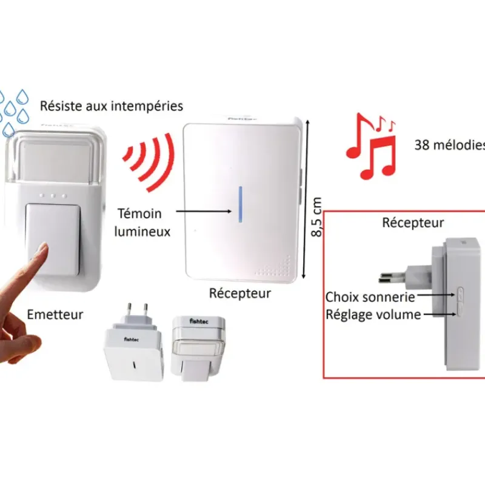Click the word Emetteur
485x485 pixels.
pyautogui.click(x=55, y=315)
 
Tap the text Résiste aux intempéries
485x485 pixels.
pyautogui.click(x=112, y=106)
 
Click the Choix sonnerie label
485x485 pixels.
pyautogui.click(x=370, y=297)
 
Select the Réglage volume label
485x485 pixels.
pyautogui.click(x=373, y=314)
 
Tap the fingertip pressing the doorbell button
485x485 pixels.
pyautogui.click(x=42, y=250)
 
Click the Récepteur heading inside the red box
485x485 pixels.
pyautogui.click(x=413, y=223)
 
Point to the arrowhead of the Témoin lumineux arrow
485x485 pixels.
pyautogui.click(x=231, y=212)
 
